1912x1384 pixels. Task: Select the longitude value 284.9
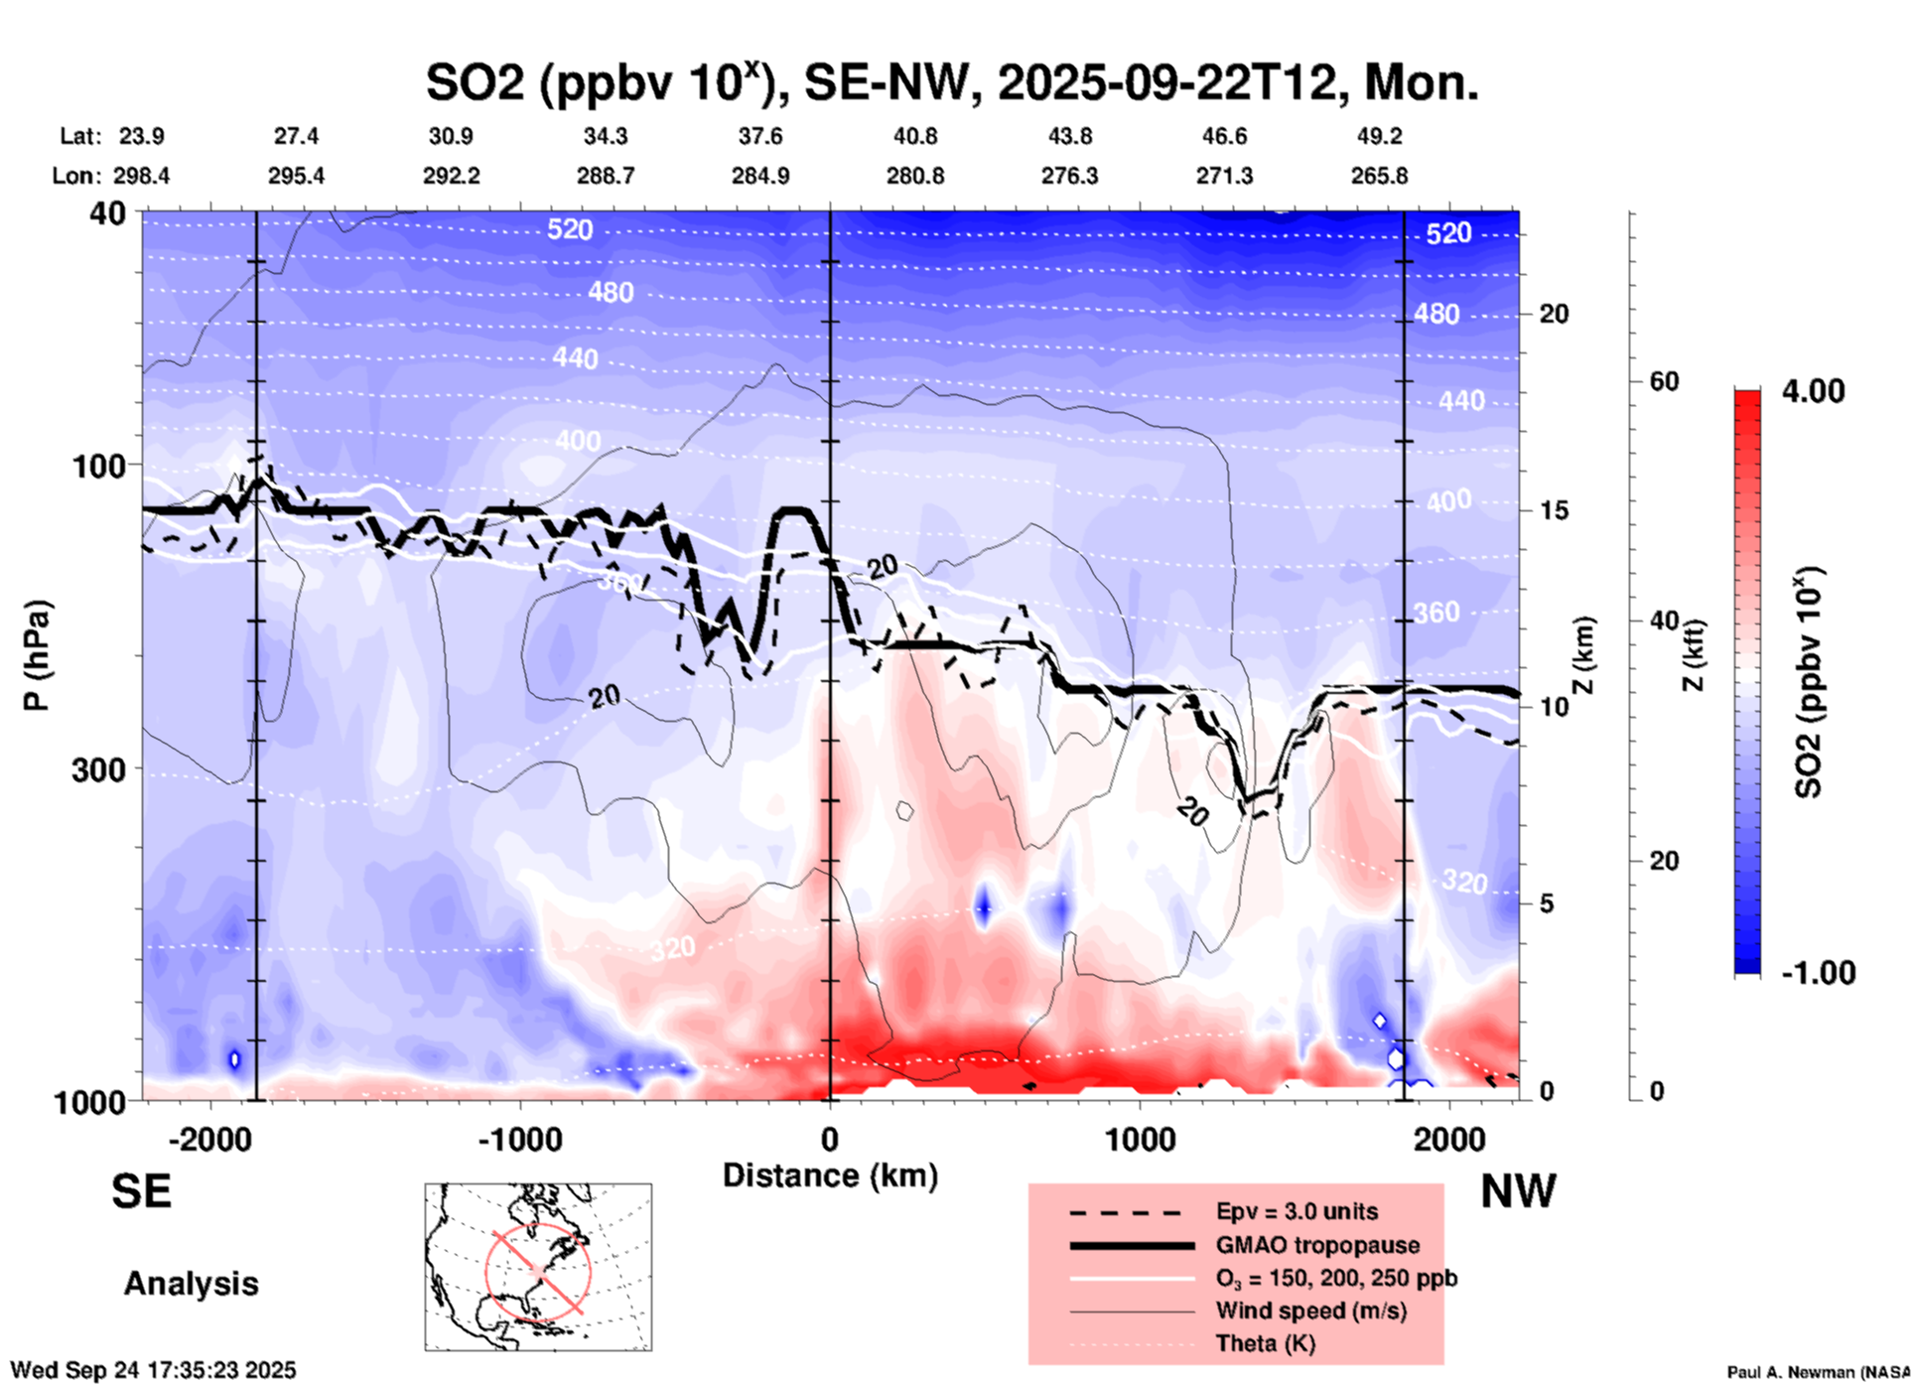point(760,176)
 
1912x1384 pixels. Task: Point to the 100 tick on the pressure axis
point(99,465)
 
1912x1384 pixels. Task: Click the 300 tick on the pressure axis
point(99,768)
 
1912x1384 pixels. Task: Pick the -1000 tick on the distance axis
point(519,1139)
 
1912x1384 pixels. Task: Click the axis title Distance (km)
point(830,1176)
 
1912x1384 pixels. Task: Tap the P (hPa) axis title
point(37,655)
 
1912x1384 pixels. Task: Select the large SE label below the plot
point(141,1191)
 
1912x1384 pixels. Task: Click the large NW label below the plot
point(1518,1191)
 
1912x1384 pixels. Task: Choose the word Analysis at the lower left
point(191,1284)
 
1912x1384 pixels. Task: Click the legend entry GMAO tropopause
point(1317,1245)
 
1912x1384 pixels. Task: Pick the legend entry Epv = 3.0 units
point(1297,1211)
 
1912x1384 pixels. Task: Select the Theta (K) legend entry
point(1265,1343)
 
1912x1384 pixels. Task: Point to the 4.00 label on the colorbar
point(1813,391)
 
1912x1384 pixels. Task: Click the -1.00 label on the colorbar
point(1817,973)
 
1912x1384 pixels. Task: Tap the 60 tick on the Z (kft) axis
point(1664,381)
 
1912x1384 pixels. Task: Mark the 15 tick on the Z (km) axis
point(1554,510)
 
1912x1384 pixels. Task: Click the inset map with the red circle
point(538,1267)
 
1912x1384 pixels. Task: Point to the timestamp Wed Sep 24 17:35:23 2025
point(153,1370)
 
